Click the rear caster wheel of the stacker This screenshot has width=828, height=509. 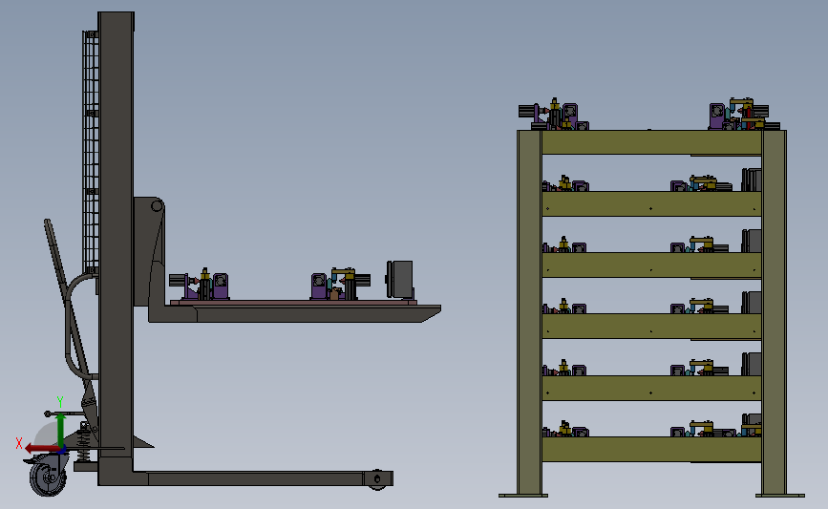coord(45,476)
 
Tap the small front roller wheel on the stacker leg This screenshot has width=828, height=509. coord(379,477)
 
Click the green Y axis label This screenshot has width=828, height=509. coord(59,402)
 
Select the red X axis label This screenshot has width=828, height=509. coord(18,443)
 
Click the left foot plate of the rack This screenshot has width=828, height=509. coord(523,494)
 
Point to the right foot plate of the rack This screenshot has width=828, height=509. coord(780,494)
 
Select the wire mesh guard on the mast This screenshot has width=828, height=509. coord(92,143)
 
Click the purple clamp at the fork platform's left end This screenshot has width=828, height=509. coord(221,286)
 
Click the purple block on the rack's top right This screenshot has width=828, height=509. coord(716,117)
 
